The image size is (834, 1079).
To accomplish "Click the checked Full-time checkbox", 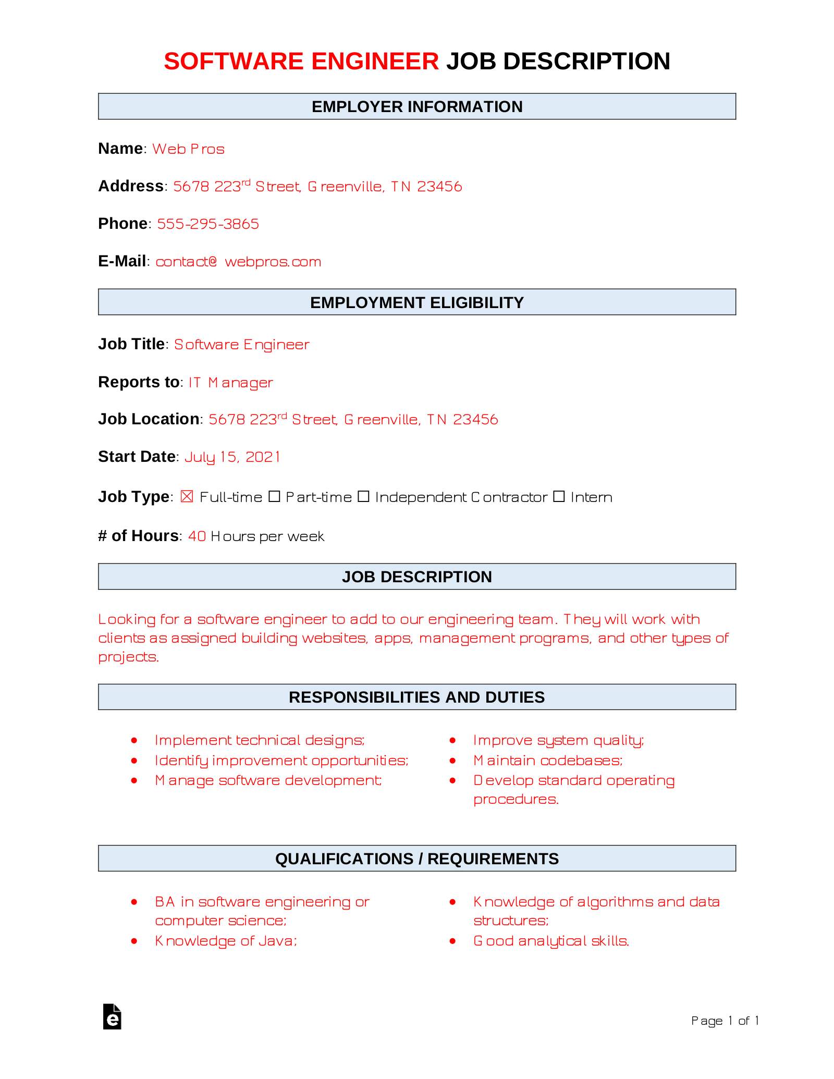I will pyautogui.click(x=187, y=497).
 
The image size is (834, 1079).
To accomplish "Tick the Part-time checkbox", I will pyautogui.click(x=274, y=497).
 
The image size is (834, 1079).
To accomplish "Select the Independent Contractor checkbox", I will pyautogui.click(x=363, y=497).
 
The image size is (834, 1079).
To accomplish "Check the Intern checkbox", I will pyautogui.click(x=559, y=497).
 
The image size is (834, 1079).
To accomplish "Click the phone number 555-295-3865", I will pyautogui.click(x=208, y=224).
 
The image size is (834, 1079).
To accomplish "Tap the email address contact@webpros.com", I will pyautogui.click(x=238, y=262).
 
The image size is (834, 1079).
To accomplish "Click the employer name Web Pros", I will pyautogui.click(x=188, y=149).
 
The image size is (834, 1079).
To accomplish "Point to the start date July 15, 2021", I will pyautogui.click(x=232, y=457).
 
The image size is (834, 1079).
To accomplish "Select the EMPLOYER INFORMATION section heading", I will pyautogui.click(x=417, y=107).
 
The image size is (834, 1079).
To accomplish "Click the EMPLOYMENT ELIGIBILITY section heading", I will pyautogui.click(x=417, y=303).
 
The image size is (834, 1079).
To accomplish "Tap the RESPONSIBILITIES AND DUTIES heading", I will pyautogui.click(x=417, y=697).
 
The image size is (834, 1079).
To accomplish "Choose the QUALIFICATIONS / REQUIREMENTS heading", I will pyautogui.click(x=417, y=859).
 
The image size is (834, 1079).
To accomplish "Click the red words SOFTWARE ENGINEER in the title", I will pyautogui.click(x=301, y=62).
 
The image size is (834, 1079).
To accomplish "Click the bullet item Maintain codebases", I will pyautogui.click(x=548, y=761).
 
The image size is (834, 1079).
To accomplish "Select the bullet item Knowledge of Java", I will pyautogui.click(x=226, y=941).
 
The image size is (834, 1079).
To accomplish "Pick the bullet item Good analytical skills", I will pyautogui.click(x=551, y=941).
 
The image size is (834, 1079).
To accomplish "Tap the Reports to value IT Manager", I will pyautogui.click(x=230, y=383).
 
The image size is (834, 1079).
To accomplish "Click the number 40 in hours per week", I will pyautogui.click(x=197, y=536).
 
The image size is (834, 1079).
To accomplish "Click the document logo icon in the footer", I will pyautogui.click(x=112, y=1017).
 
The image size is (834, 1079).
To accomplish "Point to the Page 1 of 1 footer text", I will pyautogui.click(x=725, y=1021).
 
